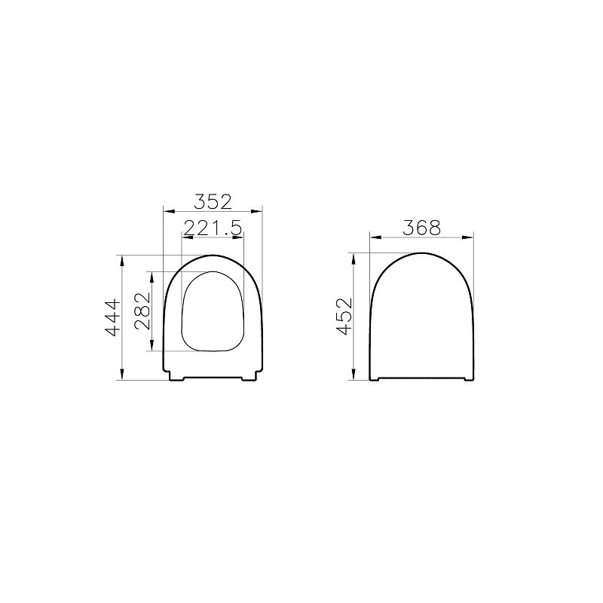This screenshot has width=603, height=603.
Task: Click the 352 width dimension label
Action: [213, 202]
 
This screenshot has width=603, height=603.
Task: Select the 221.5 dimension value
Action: [213, 228]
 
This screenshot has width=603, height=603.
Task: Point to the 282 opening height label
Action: [142, 311]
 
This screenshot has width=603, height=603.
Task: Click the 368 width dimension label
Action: [421, 228]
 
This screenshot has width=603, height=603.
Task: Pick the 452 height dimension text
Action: [344, 316]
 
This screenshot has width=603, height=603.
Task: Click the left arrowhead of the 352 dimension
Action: [169, 211]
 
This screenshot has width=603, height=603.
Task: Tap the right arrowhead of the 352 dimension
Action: [256, 211]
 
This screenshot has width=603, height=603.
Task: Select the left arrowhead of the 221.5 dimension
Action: [187, 237]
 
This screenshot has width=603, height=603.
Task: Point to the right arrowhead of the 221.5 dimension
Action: [238, 237]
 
